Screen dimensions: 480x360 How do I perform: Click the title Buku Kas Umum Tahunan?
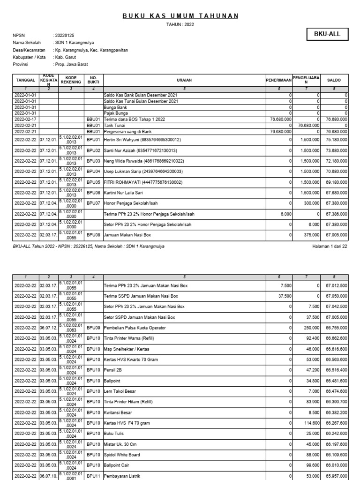click(x=180, y=16)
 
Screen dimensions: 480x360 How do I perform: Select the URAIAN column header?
click(x=184, y=81)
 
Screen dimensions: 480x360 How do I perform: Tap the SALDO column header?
click(x=334, y=81)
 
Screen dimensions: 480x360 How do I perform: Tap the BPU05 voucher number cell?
click(x=94, y=182)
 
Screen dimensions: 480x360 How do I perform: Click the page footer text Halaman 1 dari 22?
click(x=329, y=246)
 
